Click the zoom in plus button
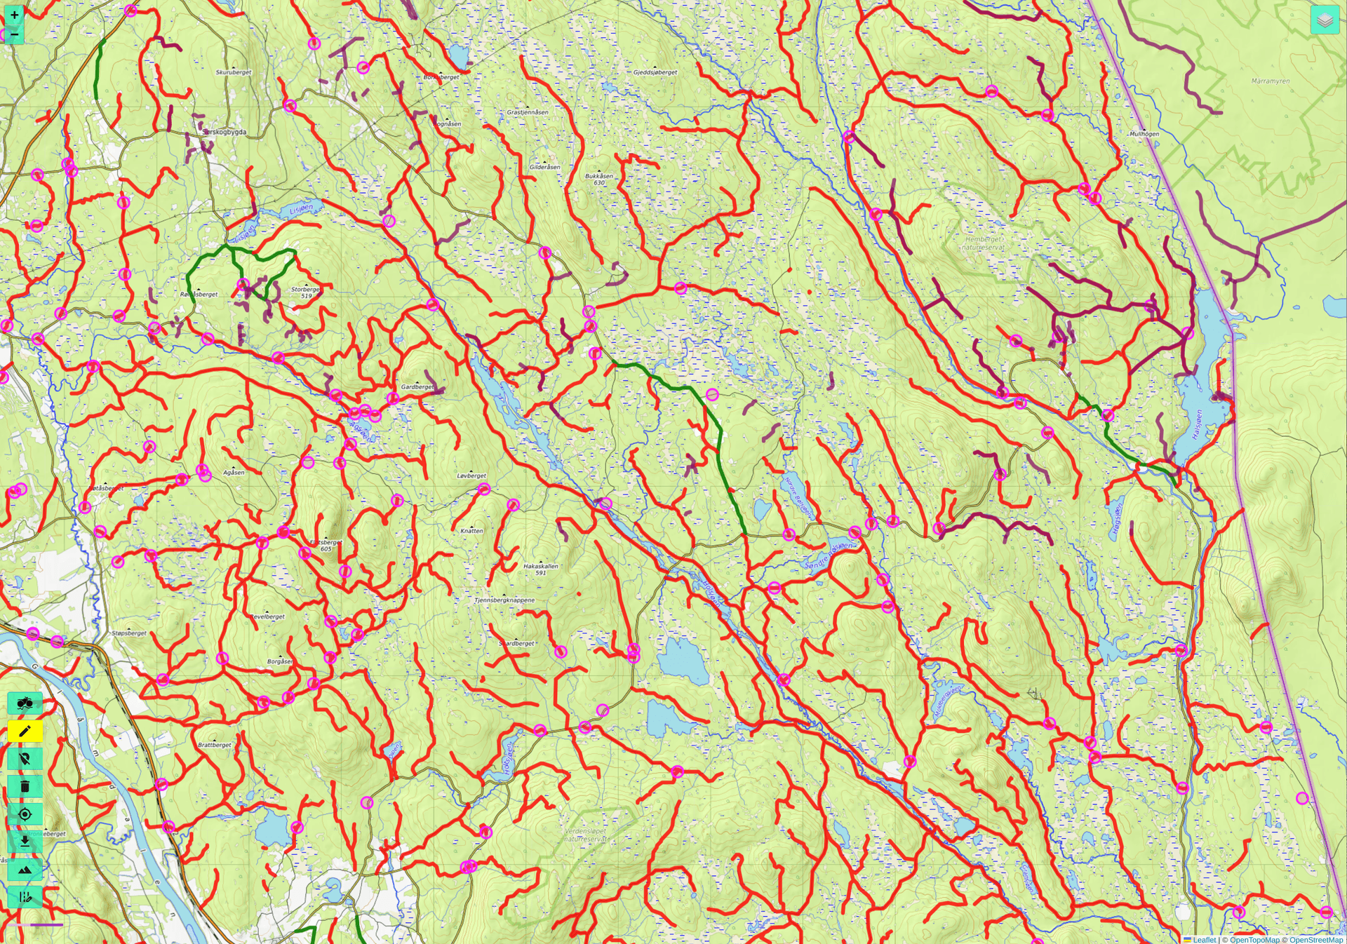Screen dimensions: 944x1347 [x=14, y=15]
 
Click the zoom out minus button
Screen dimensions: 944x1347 [x=14, y=34]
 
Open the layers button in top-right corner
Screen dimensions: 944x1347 [x=1325, y=20]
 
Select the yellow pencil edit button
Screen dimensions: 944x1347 [x=25, y=731]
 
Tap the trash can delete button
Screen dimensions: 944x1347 [x=25, y=787]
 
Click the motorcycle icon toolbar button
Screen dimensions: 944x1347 [x=25, y=703]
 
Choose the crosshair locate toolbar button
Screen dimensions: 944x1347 [x=25, y=814]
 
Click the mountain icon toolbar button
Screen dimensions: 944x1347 [x=25, y=870]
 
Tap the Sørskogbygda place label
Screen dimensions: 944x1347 [x=224, y=132]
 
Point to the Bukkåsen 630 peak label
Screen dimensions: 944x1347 [x=599, y=180]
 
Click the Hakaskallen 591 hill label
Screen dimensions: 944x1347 [x=541, y=569]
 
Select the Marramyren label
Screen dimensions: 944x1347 [x=1271, y=81]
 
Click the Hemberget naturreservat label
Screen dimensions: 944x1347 [x=984, y=243]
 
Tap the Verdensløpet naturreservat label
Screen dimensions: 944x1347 [x=586, y=835]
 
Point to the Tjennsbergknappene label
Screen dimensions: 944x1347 [x=504, y=600]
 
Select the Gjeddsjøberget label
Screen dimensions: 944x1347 [x=655, y=72]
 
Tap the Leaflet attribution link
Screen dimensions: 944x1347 [x=1204, y=940]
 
